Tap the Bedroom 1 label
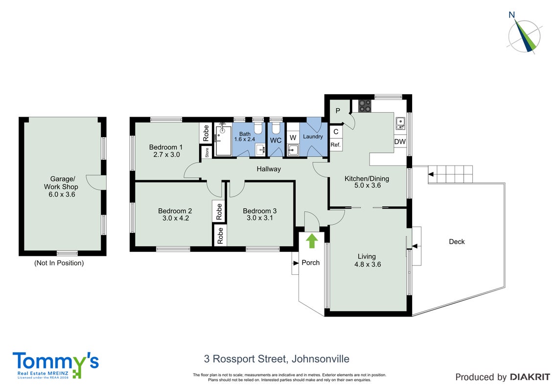[166, 147]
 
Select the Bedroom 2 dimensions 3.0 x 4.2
[176, 218]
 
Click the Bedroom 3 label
[260, 211]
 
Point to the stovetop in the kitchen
[365, 105]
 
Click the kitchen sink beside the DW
[400, 123]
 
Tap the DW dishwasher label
[400, 142]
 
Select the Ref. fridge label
[335, 145]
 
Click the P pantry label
[338, 111]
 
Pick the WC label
[276, 141]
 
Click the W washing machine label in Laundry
[293, 138]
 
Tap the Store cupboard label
[207, 152]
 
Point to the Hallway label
[269, 169]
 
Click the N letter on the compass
[511, 15]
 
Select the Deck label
[457, 242]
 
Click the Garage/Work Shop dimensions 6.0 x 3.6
[62, 194]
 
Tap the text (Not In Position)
[59, 263]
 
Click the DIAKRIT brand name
[530, 377]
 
